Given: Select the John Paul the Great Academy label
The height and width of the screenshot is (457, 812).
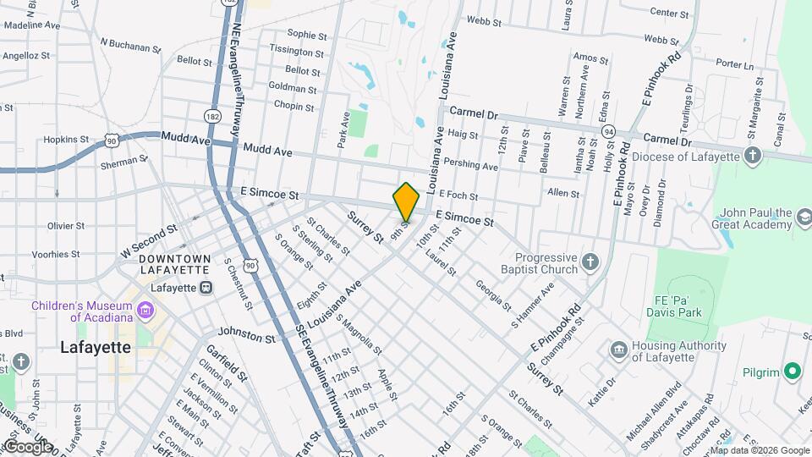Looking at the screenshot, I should point(755,219).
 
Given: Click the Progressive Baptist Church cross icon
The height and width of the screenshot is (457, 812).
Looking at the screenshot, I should point(590,262).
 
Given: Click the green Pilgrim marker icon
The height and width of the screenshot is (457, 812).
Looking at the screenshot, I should point(793,371).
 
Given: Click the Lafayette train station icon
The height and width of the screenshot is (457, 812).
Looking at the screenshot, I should point(206,287).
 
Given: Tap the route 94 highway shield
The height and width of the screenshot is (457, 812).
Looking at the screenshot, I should point(608,132).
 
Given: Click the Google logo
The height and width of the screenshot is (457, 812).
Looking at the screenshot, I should point(27,446).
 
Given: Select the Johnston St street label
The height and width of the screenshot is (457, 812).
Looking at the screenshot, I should point(247,336).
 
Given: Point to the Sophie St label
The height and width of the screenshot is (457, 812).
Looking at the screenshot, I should point(306,36).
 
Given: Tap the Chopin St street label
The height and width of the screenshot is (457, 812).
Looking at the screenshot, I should point(294,107).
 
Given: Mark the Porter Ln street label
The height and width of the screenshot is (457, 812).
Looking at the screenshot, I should point(733,64).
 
